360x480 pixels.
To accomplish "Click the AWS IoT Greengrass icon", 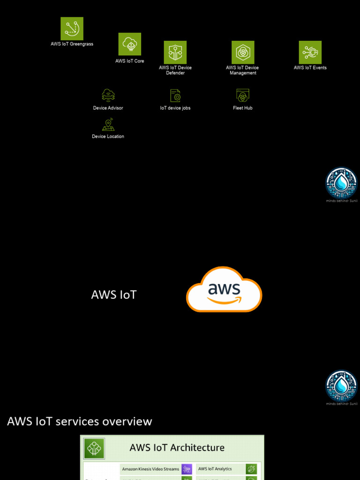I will point(72,29).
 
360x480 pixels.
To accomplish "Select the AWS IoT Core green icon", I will point(130,44).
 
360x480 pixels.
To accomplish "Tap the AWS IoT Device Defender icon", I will point(175,52).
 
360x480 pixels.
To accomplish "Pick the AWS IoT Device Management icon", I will point(243,52).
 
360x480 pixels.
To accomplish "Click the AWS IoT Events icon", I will point(310,52).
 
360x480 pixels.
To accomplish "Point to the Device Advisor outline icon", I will point(108,95).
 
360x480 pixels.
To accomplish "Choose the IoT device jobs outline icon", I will point(175,96).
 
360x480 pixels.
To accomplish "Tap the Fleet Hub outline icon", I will point(243,96).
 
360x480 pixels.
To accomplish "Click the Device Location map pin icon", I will point(108,125).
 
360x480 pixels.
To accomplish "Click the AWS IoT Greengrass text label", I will point(72,44).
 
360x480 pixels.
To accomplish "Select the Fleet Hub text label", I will point(243,108).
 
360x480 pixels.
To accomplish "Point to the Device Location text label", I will point(108,137).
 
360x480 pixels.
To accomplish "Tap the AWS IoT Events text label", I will point(310,68).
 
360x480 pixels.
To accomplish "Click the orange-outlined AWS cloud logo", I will point(224,290).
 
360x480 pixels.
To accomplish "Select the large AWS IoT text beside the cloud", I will point(114,295).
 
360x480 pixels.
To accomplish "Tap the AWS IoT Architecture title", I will point(177,448).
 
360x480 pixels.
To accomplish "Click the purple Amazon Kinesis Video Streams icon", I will point(187,469).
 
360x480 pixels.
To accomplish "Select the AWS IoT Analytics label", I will point(215,469).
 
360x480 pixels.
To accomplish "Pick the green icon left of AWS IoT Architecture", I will point(94,449).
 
